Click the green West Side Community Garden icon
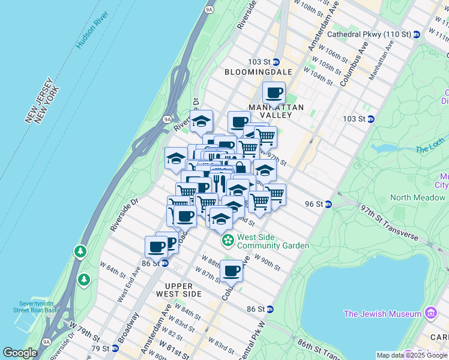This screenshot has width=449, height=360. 228,241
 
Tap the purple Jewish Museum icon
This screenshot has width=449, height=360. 431,313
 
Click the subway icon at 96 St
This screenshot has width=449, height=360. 328,204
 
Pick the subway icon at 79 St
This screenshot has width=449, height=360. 114,349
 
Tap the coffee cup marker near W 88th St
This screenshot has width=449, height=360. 231,271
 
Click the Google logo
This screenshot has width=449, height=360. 20,353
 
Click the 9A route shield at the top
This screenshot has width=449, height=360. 209,10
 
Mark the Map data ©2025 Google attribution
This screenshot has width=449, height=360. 412,355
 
